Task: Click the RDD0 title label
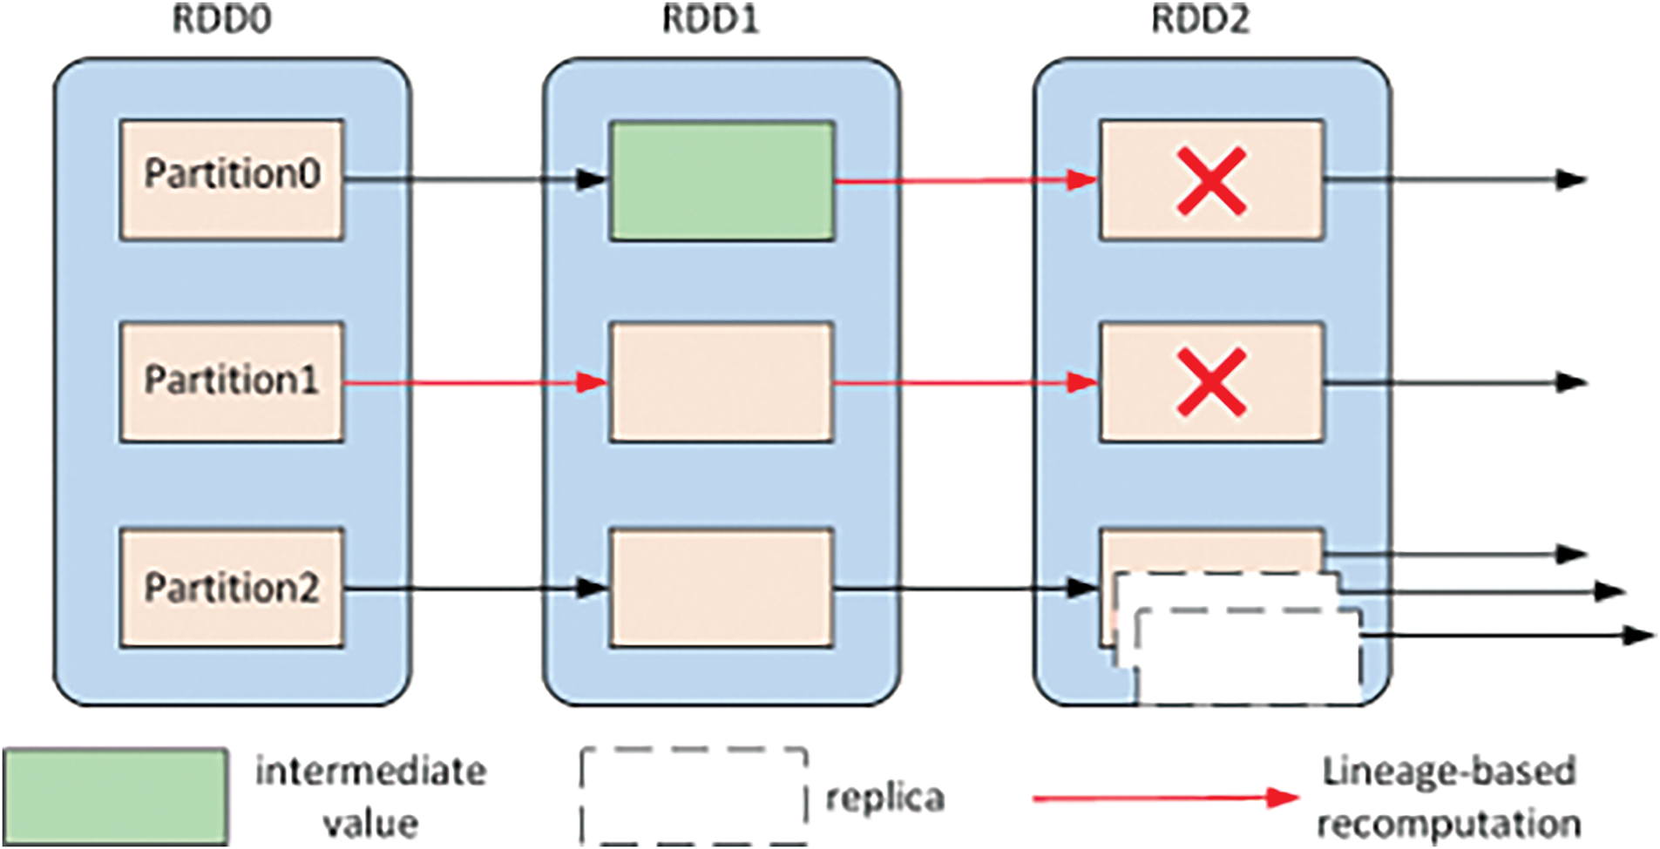[x=221, y=19]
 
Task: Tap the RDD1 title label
[x=710, y=19]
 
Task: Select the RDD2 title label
[x=1200, y=19]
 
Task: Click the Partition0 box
[x=232, y=180]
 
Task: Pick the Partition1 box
[x=232, y=382]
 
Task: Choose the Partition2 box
[x=232, y=588]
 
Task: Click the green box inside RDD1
[x=722, y=180]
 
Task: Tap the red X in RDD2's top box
[x=1211, y=181]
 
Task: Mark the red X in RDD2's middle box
[x=1211, y=382]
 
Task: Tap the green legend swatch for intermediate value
[x=115, y=796]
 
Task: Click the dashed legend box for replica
[x=694, y=796]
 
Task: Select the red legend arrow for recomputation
[x=1166, y=797]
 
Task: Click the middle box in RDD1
[x=722, y=382]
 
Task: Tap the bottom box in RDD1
[x=722, y=588]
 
